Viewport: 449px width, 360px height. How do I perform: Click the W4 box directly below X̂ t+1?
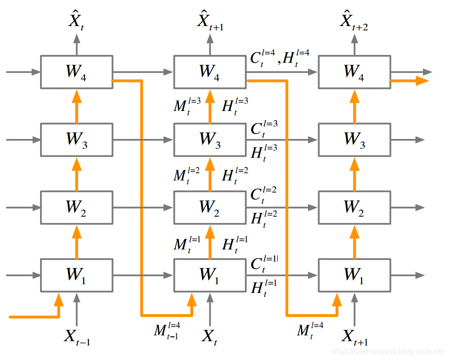tap(210, 72)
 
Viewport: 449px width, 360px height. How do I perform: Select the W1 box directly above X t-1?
tap(76, 276)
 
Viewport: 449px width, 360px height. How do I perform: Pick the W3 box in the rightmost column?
tap(354, 139)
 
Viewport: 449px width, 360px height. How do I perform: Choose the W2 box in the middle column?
tap(210, 208)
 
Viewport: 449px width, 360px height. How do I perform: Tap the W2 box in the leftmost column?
tap(76, 208)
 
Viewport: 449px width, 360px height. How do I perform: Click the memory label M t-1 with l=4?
tap(167, 331)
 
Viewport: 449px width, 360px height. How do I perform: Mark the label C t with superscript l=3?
tap(264, 128)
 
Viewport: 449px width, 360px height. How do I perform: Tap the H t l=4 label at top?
tap(296, 58)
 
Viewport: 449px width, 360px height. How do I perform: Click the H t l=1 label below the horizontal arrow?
tap(264, 288)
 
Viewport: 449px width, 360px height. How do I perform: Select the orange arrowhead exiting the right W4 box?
tap(422, 81)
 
